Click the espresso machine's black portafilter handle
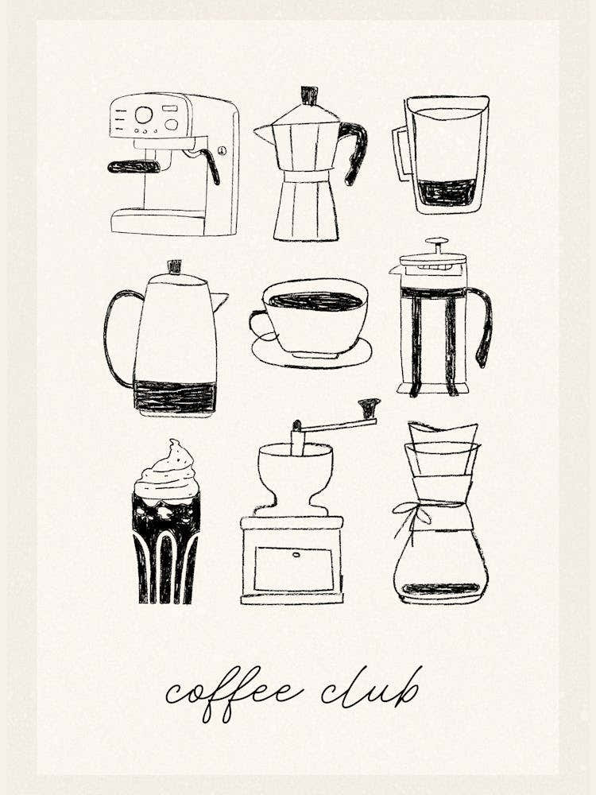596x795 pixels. click(x=134, y=166)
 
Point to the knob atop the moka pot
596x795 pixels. click(x=309, y=95)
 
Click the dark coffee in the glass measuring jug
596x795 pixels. click(x=447, y=192)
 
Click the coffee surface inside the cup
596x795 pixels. click(x=315, y=301)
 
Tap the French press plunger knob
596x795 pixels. click(x=436, y=241)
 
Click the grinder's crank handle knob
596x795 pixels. click(x=369, y=407)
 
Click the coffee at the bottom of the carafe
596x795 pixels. click(x=441, y=589)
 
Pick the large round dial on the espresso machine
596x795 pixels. click(x=144, y=115)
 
